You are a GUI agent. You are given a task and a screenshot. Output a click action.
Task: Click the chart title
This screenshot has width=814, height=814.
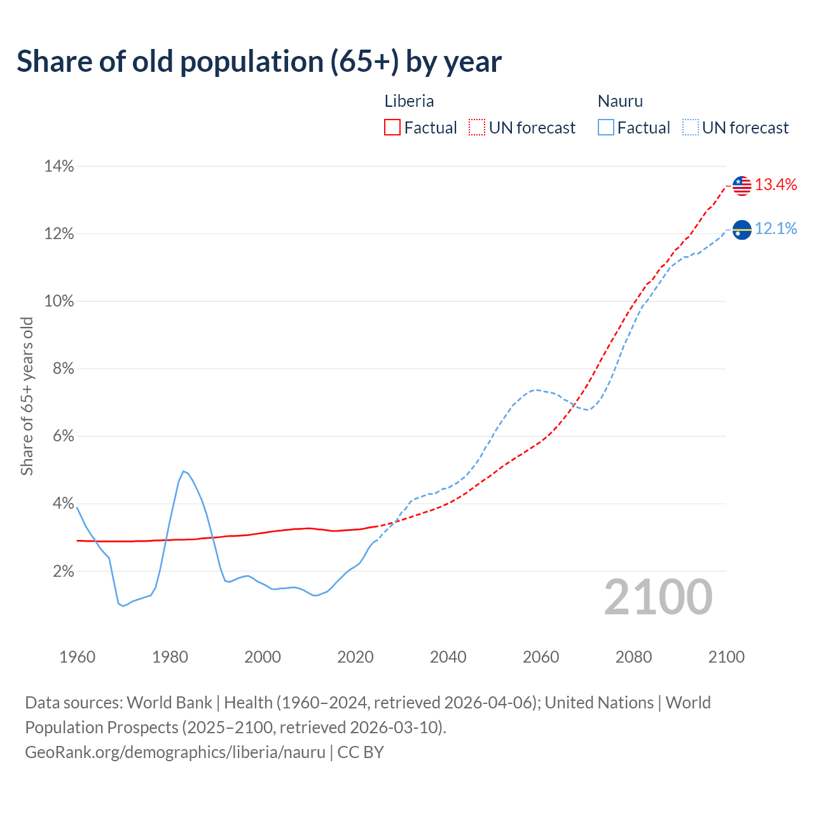pyautogui.click(x=259, y=62)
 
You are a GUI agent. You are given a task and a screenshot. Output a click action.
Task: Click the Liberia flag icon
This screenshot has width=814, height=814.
pyautogui.click(x=742, y=186)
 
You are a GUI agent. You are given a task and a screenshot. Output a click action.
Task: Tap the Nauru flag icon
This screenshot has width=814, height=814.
pyautogui.click(x=742, y=230)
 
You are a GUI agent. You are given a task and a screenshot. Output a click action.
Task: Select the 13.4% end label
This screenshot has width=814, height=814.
pyautogui.click(x=776, y=185)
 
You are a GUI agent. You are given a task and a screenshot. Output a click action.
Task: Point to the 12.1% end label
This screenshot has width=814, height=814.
pyautogui.click(x=776, y=229)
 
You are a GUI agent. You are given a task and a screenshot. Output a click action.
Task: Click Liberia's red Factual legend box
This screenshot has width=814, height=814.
pyautogui.click(x=392, y=128)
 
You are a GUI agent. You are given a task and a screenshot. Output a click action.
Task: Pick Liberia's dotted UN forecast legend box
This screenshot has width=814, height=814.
pyautogui.click(x=477, y=128)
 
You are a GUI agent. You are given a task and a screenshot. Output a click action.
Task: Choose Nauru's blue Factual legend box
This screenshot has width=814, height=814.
pyautogui.click(x=606, y=128)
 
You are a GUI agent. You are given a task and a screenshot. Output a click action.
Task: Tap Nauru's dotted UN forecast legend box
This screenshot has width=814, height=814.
pyautogui.click(x=690, y=128)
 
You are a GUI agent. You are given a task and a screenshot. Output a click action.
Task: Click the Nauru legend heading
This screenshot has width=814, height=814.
pyautogui.click(x=620, y=101)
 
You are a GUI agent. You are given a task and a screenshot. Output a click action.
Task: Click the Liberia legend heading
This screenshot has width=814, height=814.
pyautogui.click(x=409, y=101)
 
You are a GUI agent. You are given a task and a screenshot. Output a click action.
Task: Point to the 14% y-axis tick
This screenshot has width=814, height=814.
pyautogui.click(x=59, y=167)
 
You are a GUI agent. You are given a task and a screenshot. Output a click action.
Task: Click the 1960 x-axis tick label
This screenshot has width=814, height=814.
pyautogui.click(x=77, y=657)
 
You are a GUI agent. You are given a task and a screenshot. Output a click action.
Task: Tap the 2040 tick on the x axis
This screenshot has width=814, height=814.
pyautogui.click(x=448, y=657)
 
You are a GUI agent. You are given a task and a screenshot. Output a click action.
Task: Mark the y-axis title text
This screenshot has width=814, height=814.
pyautogui.click(x=27, y=396)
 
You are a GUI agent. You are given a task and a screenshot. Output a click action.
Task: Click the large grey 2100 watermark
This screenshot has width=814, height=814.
pyautogui.click(x=658, y=597)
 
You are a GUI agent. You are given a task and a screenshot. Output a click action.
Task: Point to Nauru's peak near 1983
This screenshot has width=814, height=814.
pyautogui.click(x=183, y=471)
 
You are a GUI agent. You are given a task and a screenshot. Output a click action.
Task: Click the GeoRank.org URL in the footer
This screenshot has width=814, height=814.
pyautogui.click(x=175, y=752)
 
